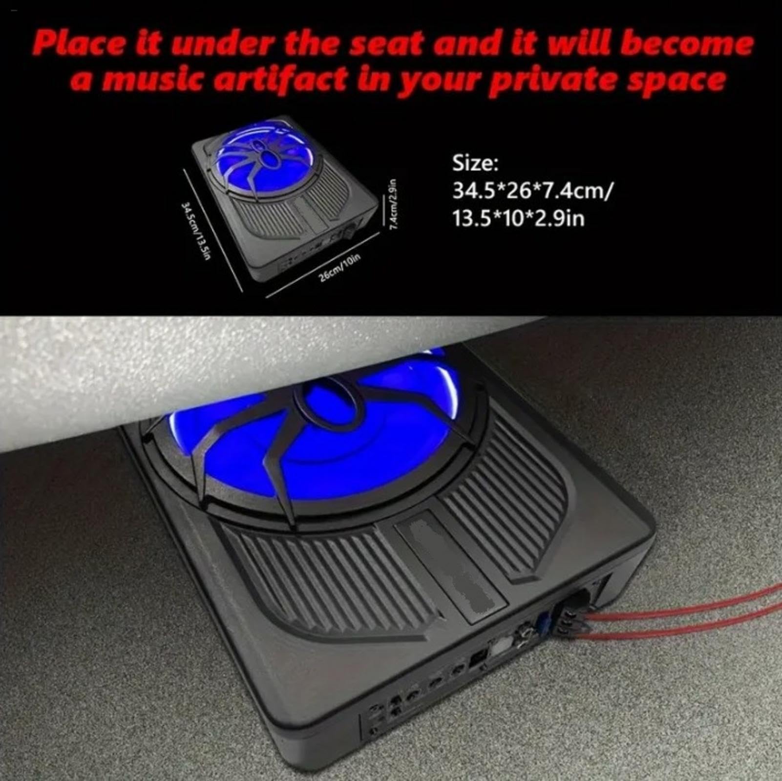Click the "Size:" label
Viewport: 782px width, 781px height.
click(x=475, y=163)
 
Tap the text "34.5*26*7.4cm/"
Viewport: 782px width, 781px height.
click(x=531, y=190)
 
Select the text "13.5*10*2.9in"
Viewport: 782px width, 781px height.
click(x=518, y=218)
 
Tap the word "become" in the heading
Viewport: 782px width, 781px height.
click(x=688, y=45)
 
